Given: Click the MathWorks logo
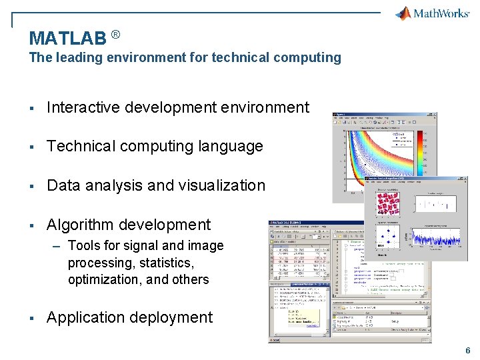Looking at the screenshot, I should [433, 13].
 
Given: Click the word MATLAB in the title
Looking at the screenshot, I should [67, 38].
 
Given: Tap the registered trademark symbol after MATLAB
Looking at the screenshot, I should [115, 34].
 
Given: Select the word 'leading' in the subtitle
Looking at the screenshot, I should [75, 57].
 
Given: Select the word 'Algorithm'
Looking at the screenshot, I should [80, 225].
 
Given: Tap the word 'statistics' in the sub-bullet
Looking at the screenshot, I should [163, 263].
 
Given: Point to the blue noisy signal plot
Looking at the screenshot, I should [437, 237].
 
